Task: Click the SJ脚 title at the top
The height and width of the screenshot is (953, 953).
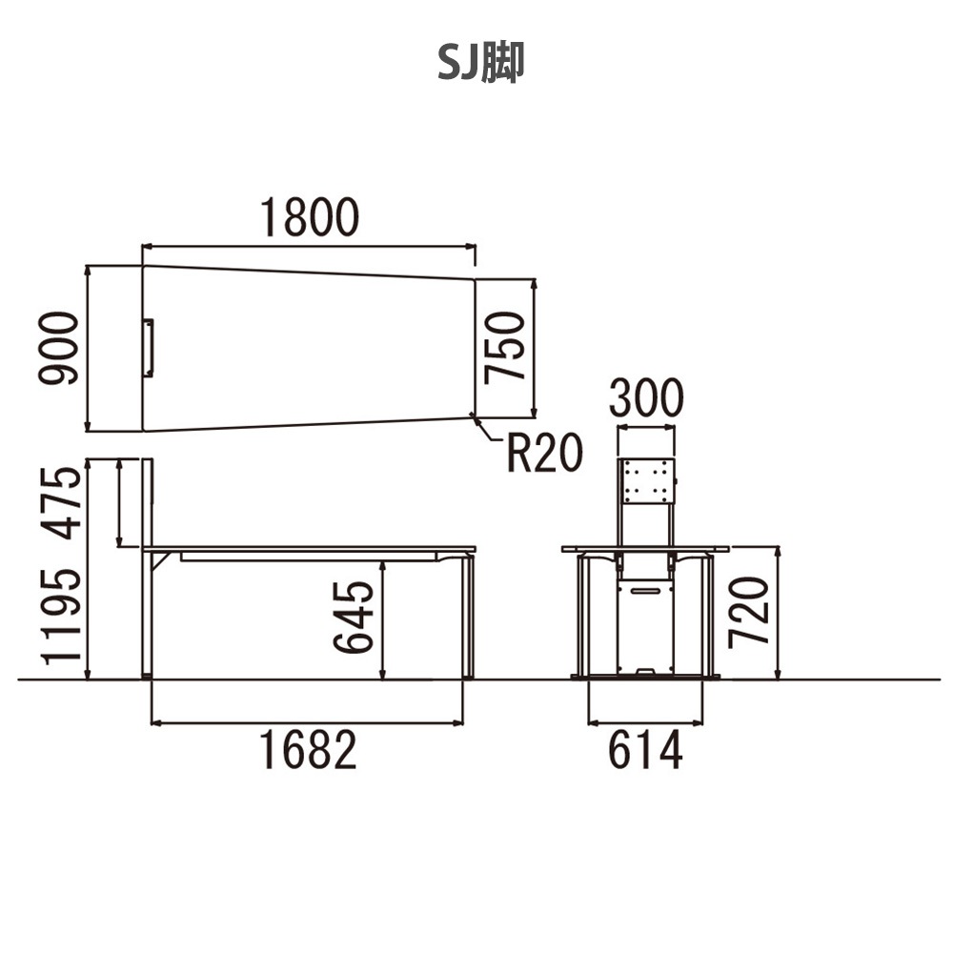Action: [x=480, y=63]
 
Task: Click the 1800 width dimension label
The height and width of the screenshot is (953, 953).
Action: [x=310, y=217]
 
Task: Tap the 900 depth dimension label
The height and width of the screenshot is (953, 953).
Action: [x=58, y=348]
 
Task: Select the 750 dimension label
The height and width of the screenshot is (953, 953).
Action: [x=504, y=348]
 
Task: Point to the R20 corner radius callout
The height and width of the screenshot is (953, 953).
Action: [x=544, y=453]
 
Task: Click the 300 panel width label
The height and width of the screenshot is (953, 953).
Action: [x=646, y=398]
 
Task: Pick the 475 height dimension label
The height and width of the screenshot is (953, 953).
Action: [x=61, y=503]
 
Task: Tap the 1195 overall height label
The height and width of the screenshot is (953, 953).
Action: [x=61, y=617]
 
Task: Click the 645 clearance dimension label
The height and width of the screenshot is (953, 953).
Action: [x=354, y=617]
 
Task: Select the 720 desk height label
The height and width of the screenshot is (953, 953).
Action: [x=749, y=613]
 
